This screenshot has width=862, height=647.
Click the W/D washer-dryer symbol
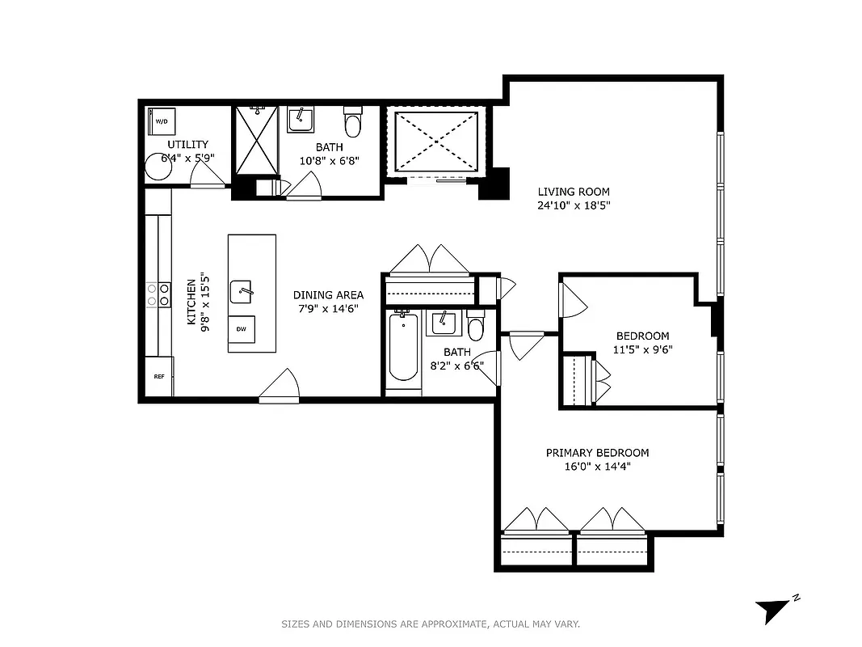coord(162,121)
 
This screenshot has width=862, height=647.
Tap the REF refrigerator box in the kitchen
coord(158,377)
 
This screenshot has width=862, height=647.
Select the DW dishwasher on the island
coord(242,329)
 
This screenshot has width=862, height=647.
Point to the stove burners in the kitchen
coord(158,294)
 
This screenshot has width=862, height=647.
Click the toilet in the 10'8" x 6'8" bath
coord(353,122)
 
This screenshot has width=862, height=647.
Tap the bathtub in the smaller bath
coord(403,349)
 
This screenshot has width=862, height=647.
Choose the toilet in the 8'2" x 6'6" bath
coord(475,326)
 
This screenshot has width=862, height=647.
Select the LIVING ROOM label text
coord(574,192)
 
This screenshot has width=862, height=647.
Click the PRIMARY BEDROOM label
coord(597,453)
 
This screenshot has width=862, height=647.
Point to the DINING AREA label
coord(328,295)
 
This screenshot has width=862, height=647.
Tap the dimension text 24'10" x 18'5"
coord(574,205)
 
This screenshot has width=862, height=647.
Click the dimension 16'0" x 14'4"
coord(597,467)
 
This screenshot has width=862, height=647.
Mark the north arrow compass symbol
coord(775,609)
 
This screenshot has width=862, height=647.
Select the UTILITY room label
coord(187,144)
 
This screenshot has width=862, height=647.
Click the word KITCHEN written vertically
coord(191,302)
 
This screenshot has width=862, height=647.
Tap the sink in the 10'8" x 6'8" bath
coord(301,121)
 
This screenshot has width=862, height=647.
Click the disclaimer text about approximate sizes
coord(431,624)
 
